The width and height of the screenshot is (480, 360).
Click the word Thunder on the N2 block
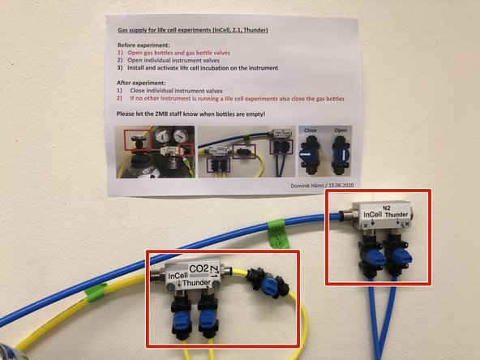pyautogui.click(x=402, y=217)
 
